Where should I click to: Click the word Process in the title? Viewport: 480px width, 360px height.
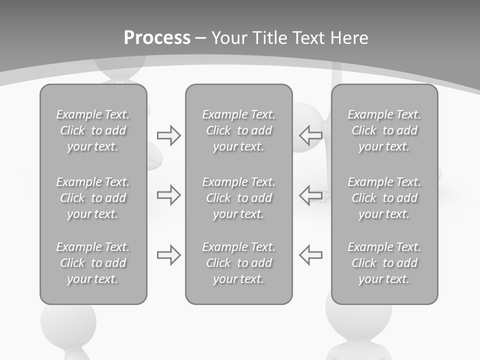point(157,38)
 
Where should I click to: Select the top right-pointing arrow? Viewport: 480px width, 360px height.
point(169,135)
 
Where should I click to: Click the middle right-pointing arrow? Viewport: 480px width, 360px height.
point(169,195)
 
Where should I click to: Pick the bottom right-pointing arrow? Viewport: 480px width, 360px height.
point(169,255)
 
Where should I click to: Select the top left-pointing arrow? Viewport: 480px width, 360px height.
point(310,135)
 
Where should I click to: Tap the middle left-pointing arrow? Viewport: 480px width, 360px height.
point(310,195)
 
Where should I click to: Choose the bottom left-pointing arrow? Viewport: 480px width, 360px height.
point(310,255)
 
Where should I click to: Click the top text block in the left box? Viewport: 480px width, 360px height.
point(93,130)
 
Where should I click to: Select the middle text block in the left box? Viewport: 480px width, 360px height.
point(93,198)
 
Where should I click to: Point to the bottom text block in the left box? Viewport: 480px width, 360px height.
point(93,263)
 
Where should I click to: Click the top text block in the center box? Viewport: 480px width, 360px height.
point(238,130)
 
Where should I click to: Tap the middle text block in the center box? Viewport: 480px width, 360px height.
point(238,198)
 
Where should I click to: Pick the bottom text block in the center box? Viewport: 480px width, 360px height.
point(238,263)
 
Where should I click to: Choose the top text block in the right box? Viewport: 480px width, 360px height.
point(384,130)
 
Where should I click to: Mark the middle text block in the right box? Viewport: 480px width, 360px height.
point(384,198)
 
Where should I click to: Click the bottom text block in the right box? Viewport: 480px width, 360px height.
point(384,263)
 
